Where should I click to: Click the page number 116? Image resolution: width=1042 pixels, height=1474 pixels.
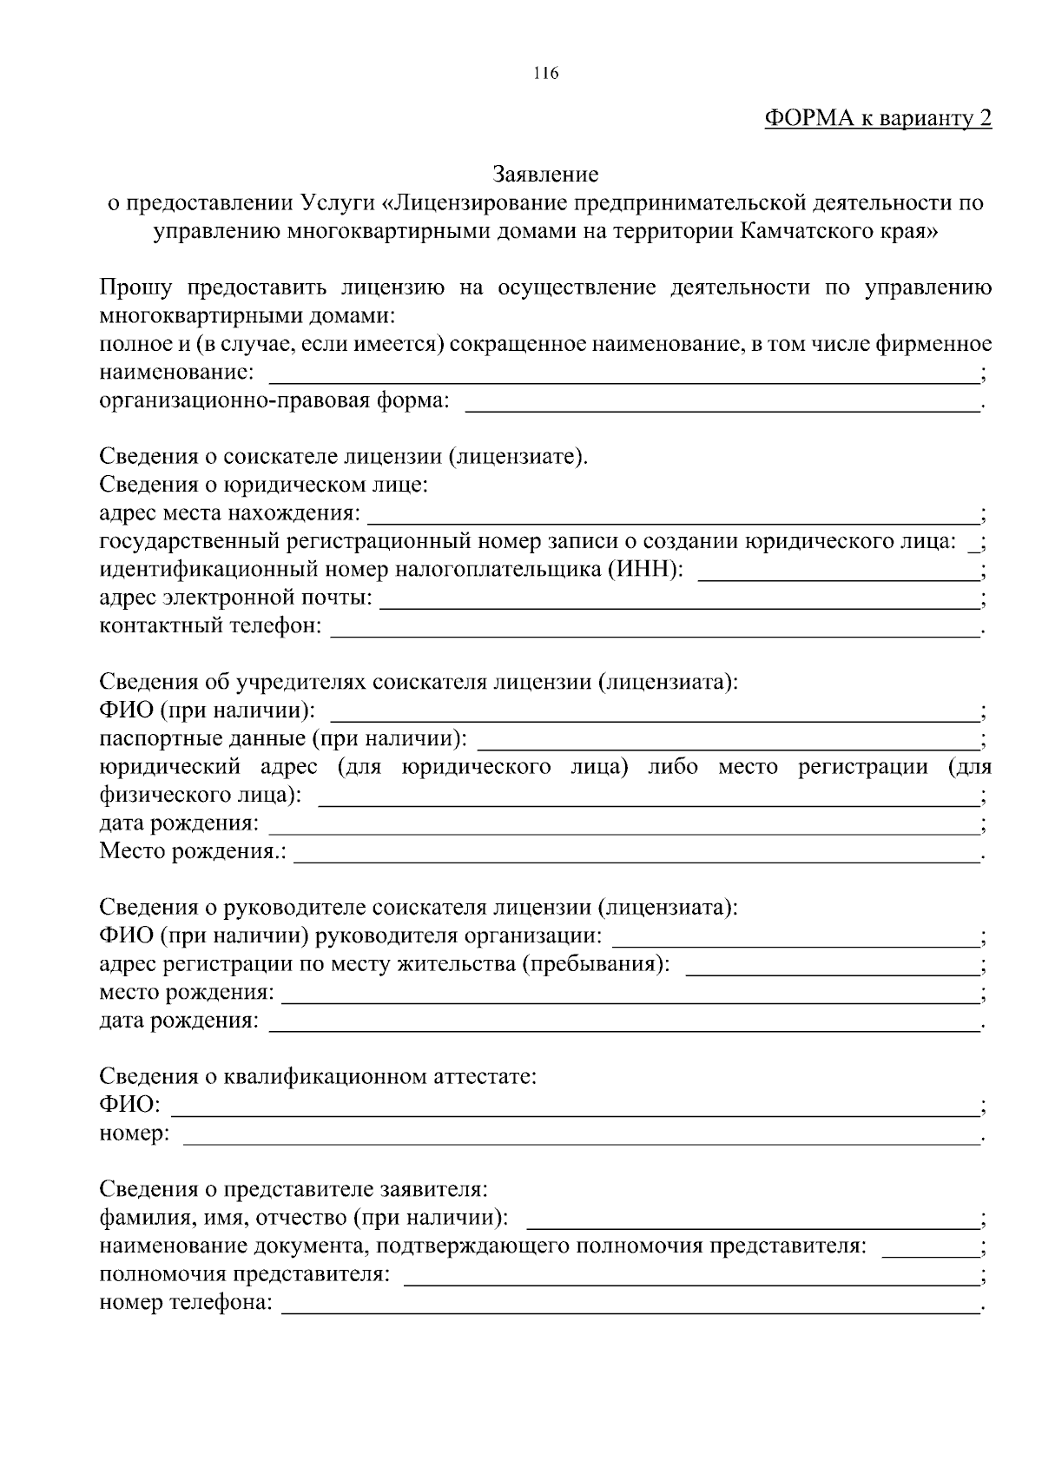point(545,74)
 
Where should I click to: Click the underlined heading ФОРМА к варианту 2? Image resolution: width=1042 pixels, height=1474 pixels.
point(877,119)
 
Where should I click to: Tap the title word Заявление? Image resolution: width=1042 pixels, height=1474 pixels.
point(545,175)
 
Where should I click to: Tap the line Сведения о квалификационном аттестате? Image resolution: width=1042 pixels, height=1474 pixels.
point(318,1077)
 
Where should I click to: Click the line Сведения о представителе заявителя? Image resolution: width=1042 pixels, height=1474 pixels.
point(293,1189)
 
